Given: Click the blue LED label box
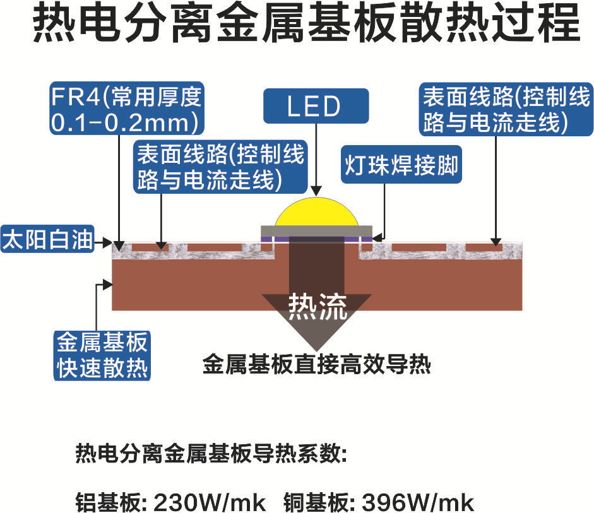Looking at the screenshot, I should [x=315, y=106].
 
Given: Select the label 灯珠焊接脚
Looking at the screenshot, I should [x=400, y=165].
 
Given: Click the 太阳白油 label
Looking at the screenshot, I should [x=47, y=241].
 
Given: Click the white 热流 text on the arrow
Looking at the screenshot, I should [x=318, y=307].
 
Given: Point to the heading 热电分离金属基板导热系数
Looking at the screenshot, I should [x=211, y=453].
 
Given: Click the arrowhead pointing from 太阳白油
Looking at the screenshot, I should [x=107, y=242].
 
